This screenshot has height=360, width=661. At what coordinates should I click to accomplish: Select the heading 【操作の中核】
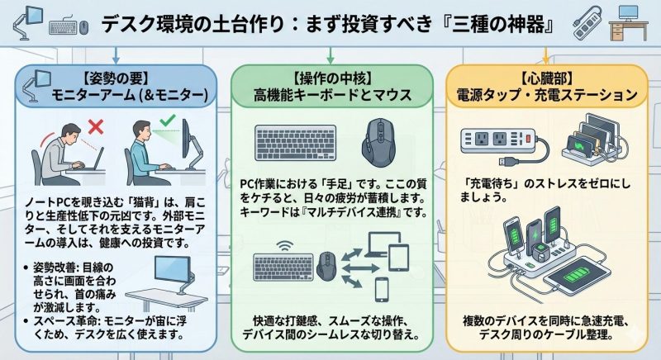pos(330,78)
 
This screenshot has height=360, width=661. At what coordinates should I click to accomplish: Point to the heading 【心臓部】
pos(546,78)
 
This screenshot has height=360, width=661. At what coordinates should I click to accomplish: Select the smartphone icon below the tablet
pos(382,289)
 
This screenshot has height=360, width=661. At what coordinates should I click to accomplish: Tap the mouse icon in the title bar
pos(83,26)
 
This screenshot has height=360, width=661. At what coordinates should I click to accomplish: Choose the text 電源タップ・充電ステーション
pos(546,96)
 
